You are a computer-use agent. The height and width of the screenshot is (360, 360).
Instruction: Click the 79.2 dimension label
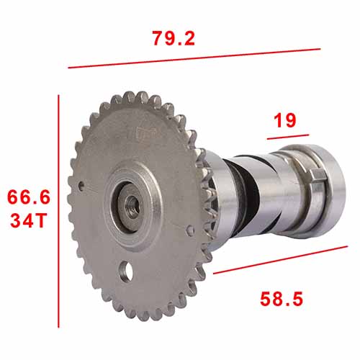click(x=174, y=38)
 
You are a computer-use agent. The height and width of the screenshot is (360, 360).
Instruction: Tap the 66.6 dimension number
click(x=29, y=197)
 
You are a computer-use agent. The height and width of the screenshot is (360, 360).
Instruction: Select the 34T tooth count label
click(x=28, y=221)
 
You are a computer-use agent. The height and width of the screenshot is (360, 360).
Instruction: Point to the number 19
click(x=285, y=120)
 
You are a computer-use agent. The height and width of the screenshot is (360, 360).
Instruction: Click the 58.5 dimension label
click(x=282, y=299)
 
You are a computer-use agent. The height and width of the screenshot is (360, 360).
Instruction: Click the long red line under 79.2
click(x=194, y=58)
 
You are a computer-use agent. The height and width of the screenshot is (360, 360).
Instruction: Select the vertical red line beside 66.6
click(x=58, y=211)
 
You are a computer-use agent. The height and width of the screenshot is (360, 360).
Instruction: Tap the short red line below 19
click(x=288, y=137)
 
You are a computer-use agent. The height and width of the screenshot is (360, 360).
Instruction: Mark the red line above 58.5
click(x=280, y=260)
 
